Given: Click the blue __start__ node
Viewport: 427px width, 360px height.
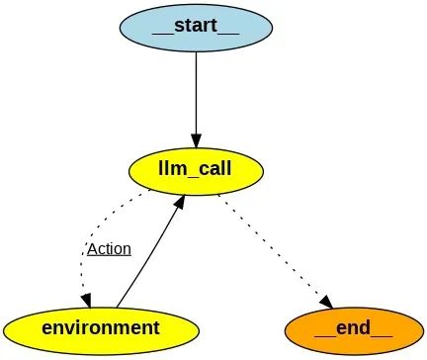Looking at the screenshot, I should pyautogui.click(x=196, y=27).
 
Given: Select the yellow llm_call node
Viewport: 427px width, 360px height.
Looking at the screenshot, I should pyautogui.click(x=196, y=169).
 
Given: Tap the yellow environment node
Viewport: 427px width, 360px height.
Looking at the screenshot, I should pyautogui.click(x=95, y=327).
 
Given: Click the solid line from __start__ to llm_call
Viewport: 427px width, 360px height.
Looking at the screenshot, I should pyautogui.click(x=196, y=94).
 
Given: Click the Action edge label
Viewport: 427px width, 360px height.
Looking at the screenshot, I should pyautogui.click(x=109, y=248).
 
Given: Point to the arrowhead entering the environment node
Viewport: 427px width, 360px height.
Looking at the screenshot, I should pyautogui.click(x=85, y=299).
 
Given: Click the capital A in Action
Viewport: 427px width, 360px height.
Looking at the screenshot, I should pyautogui.click(x=92, y=248).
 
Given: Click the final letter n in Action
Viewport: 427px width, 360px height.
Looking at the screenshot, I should pyautogui.click(x=127, y=248).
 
